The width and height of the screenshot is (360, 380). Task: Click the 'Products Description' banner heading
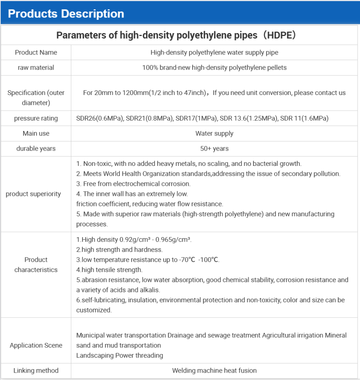click(66, 14)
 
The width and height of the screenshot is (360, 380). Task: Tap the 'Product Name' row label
click(36, 52)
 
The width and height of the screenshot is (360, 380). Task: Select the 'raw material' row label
click(36, 68)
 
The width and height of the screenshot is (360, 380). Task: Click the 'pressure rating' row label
click(36, 118)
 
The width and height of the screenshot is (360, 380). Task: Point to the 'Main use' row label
click(36, 133)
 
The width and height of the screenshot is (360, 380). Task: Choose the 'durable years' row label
click(36, 148)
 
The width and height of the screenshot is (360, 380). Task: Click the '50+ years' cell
click(214, 148)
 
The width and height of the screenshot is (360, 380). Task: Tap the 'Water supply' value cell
click(214, 133)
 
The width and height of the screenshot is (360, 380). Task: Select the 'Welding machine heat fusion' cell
click(214, 370)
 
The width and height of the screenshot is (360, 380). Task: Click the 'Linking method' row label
click(36, 370)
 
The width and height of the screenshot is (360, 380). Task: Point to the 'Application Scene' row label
click(36, 345)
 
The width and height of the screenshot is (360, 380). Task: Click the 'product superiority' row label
click(33, 194)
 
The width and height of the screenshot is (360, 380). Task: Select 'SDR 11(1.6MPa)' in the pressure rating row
click(304, 118)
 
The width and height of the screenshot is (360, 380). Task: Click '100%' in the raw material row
click(149, 68)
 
